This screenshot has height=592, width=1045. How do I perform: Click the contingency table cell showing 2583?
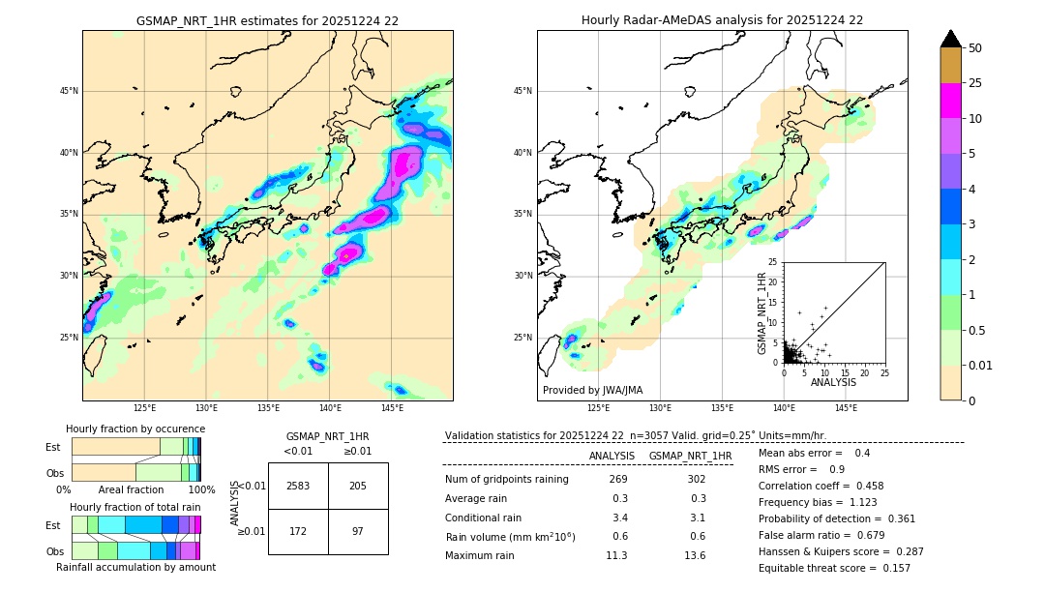pos(298,486)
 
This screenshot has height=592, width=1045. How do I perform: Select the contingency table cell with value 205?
pos(358,486)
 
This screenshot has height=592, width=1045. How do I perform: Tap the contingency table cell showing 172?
pos(298,532)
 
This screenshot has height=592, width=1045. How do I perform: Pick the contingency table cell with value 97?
pos(358,532)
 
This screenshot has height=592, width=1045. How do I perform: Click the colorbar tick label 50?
pos(975,48)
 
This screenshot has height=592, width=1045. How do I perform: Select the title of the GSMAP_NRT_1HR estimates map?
pos(267,20)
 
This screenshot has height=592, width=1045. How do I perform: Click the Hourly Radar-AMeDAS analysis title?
pos(722,20)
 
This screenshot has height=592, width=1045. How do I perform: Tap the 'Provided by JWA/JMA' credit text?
pos(592,391)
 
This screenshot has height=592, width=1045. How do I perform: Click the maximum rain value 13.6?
pos(695,555)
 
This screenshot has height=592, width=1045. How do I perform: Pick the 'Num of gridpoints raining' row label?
pos(507,480)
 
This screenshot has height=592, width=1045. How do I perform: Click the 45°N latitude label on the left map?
pos(69,91)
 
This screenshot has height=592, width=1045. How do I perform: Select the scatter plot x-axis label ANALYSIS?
pos(833,383)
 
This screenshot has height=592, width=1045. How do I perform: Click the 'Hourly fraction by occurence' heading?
pos(135,429)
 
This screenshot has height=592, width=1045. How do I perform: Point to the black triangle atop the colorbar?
pos(951,39)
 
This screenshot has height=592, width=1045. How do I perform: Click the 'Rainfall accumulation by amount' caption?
pos(135,568)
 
